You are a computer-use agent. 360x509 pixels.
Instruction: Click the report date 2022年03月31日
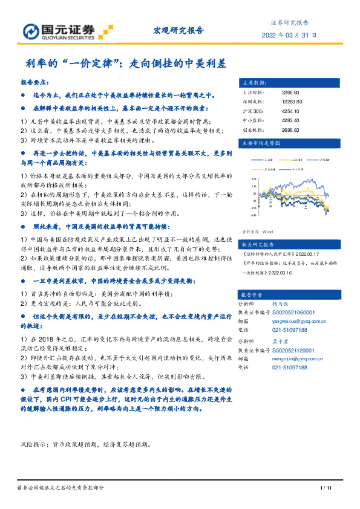click(x=289, y=35)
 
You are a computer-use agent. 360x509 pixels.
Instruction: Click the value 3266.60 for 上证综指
click(x=290, y=92)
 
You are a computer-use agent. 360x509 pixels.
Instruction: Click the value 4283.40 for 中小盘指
click(x=290, y=120)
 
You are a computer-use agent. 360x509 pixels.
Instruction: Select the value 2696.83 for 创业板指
click(x=290, y=129)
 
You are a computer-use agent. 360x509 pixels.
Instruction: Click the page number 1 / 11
click(x=324, y=487)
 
